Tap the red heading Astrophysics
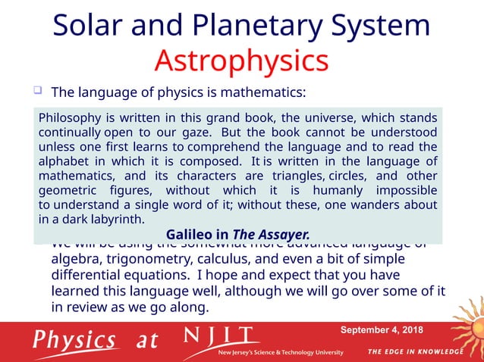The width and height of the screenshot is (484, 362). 241,61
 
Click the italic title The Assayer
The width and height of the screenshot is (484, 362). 271,234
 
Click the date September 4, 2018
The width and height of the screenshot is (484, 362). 382,330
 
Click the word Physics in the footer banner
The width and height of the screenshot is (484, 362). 74,339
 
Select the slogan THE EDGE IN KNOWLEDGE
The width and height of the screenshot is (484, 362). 415,351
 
